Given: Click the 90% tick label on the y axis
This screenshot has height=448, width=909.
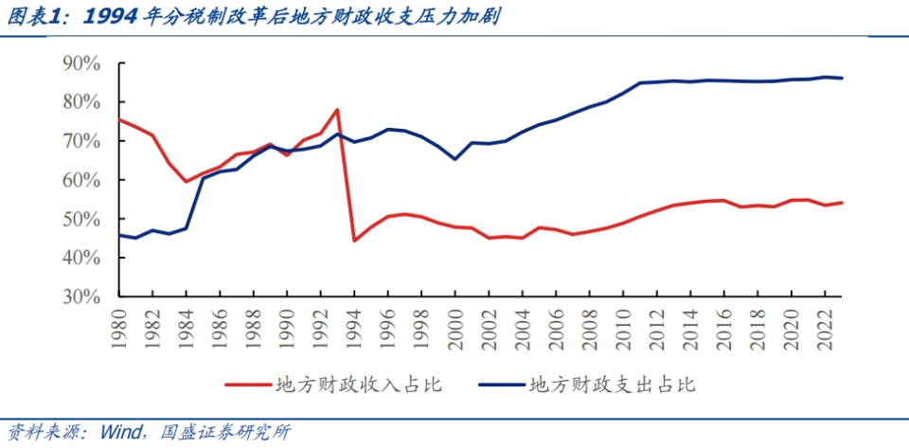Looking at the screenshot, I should tap(81, 63).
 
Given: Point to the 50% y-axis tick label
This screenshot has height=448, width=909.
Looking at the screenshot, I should tap(81, 219).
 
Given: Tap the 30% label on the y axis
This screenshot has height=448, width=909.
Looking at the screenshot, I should tap(81, 296).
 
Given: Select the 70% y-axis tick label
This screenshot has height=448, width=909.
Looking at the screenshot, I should tap(81, 141).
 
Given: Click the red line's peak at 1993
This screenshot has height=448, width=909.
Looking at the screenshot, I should tap(337, 110).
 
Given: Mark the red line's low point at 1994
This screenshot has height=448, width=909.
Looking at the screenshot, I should tap(354, 241).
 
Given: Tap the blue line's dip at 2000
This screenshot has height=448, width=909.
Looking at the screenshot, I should tap(455, 159).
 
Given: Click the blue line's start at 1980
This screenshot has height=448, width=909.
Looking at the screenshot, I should tap(119, 235).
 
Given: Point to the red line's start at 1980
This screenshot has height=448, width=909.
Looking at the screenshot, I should tap(119, 119).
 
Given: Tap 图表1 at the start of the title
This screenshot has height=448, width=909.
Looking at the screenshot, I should tap(34, 17).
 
